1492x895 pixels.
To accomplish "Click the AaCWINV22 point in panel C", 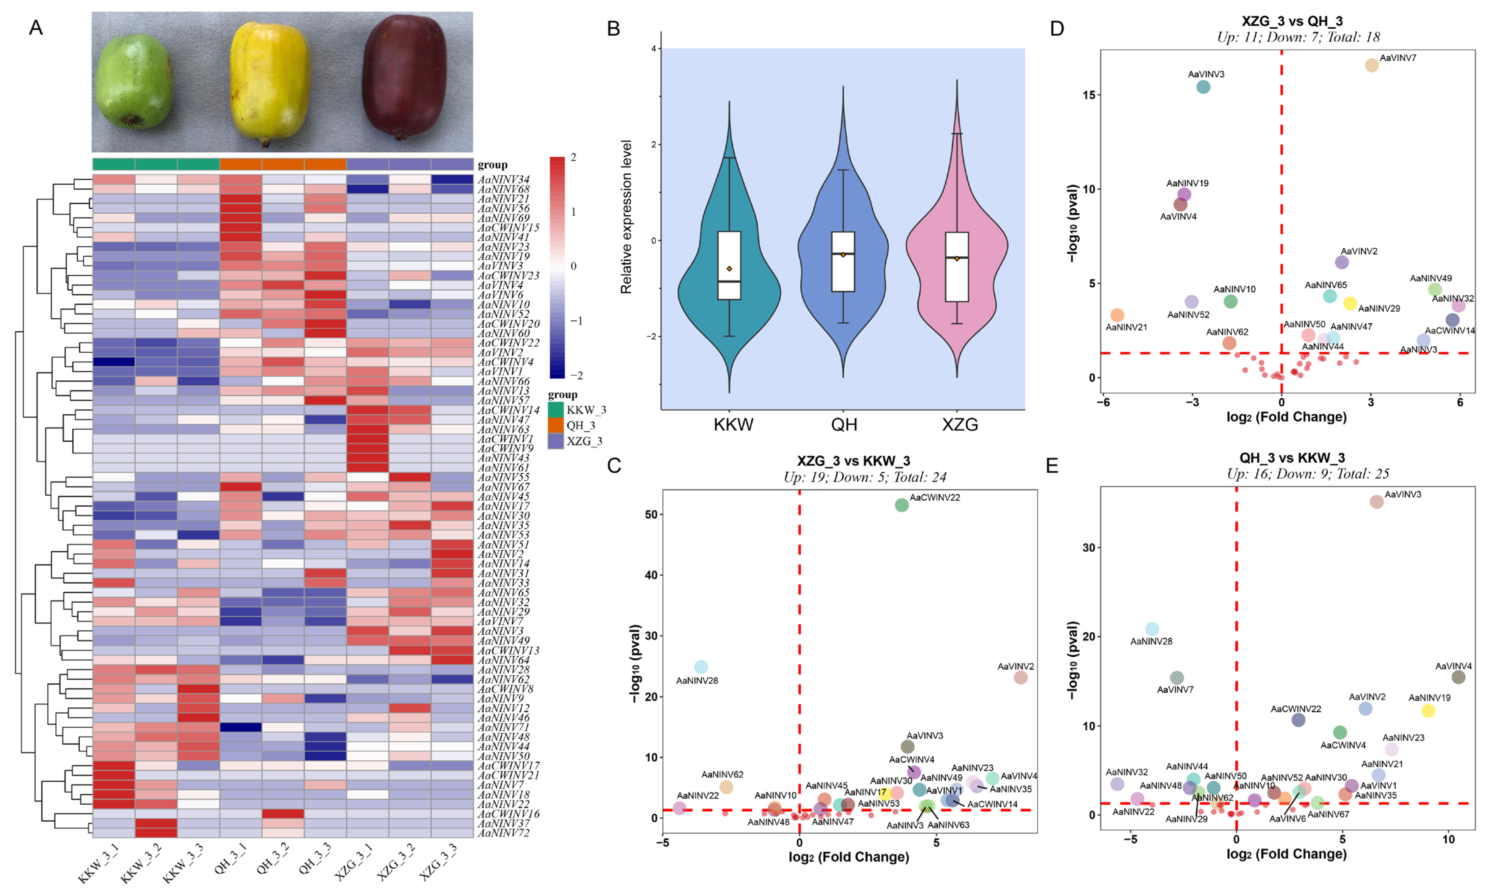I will tap(901, 505).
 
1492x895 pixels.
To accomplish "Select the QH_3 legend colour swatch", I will tap(555, 425).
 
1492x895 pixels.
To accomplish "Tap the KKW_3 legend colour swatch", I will tap(555, 410).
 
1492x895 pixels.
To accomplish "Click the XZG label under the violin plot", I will tap(960, 425).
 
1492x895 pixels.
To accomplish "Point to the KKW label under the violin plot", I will tap(733, 425).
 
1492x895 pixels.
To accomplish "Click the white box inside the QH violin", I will tap(843, 262).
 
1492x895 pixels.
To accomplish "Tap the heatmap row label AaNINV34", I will tap(503, 179).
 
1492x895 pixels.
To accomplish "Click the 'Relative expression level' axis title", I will tap(626, 217).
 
